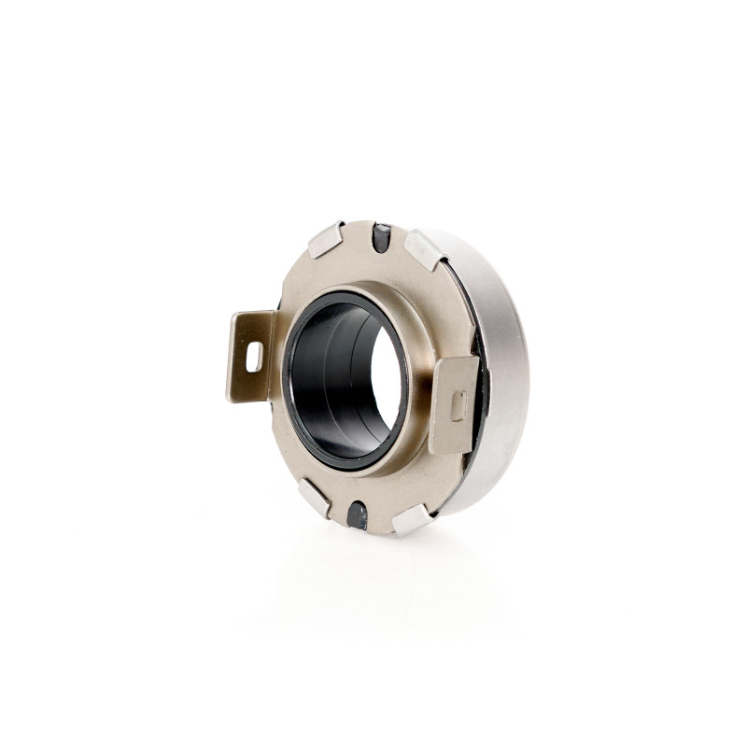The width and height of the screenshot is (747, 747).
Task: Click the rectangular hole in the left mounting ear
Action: tap(254, 356)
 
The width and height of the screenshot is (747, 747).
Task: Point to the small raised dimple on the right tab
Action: tap(458, 405)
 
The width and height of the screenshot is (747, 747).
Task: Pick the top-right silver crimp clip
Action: tap(425, 249)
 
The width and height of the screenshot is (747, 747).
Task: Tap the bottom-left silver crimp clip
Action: tap(314, 497)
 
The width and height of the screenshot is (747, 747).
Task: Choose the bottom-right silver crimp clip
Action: tap(411, 519)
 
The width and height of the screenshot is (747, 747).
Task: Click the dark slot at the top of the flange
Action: tap(380, 238)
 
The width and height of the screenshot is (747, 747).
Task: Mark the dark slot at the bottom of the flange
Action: tap(357, 514)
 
